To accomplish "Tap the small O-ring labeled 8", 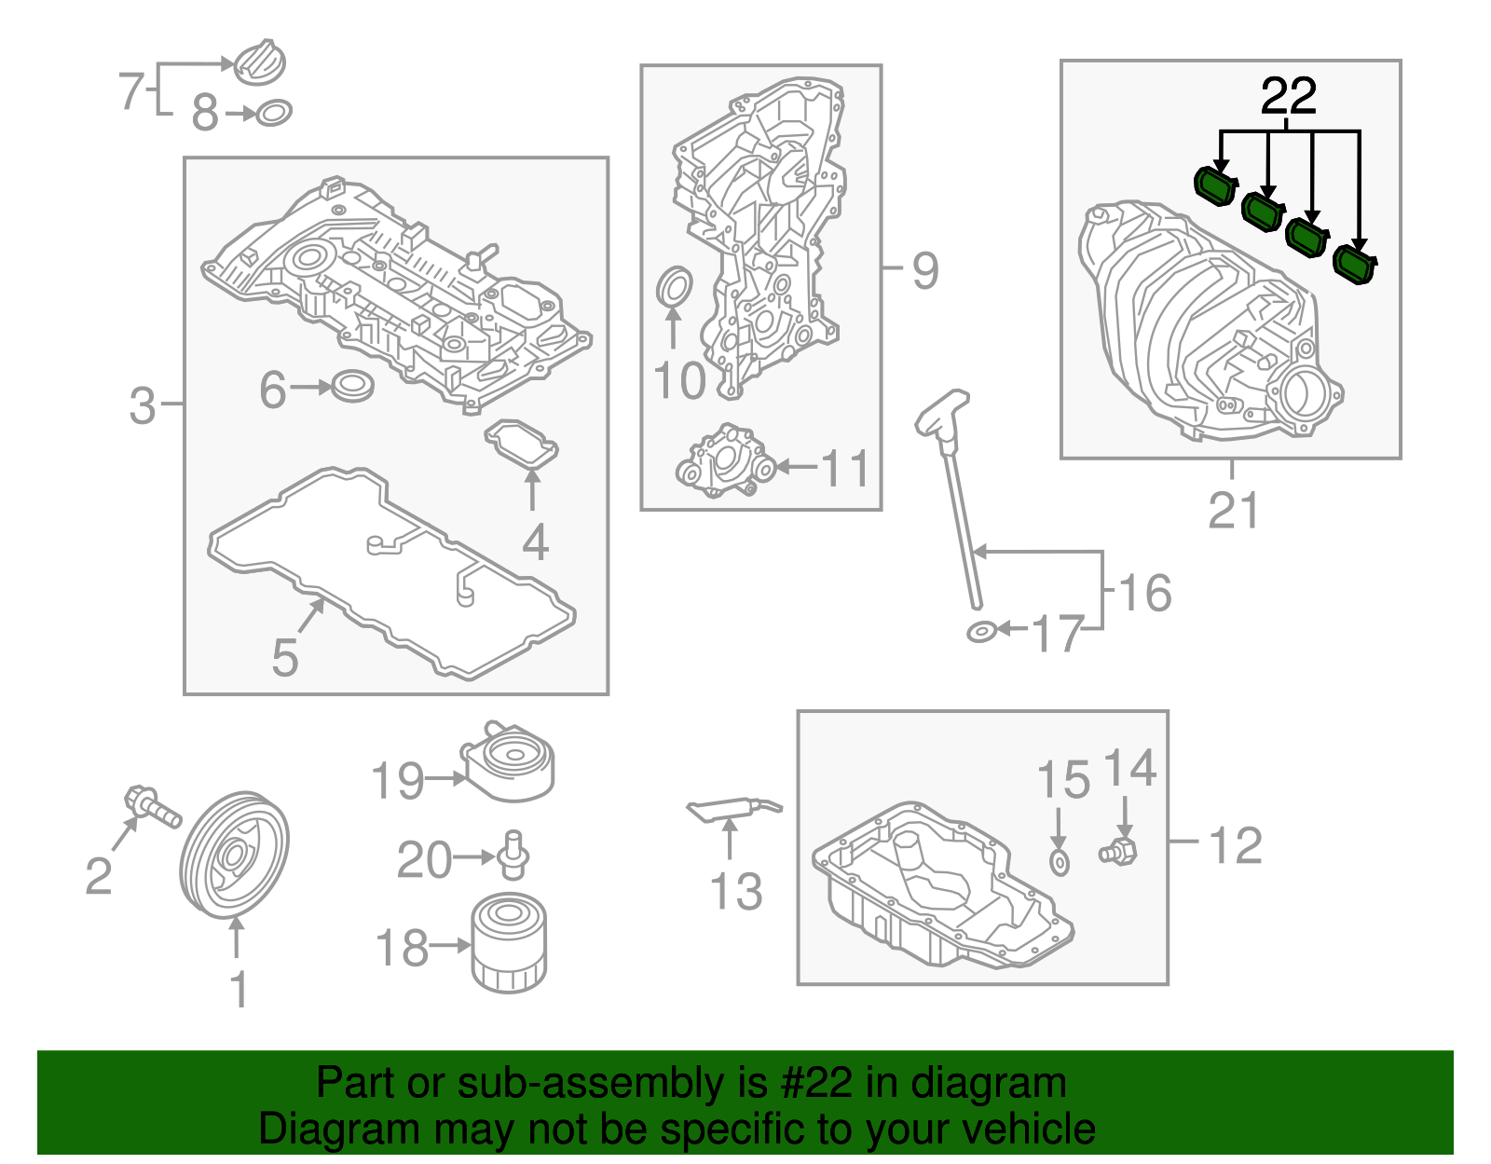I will pyautogui.click(x=273, y=113).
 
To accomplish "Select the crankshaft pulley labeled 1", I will pyautogui.click(x=234, y=856).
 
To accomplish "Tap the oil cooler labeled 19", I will pyautogui.click(x=508, y=762).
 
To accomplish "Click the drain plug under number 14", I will pyautogui.click(x=1118, y=850).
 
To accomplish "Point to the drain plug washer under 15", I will pyautogui.click(x=1060, y=862).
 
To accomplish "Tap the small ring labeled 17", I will pyautogui.click(x=980, y=633).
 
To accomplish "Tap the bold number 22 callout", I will pyautogui.click(x=1289, y=96).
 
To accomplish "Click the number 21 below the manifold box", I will pyautogui.click(x=1233, y=511).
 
